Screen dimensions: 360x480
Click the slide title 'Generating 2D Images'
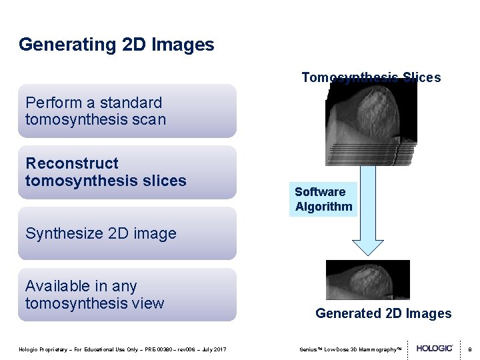pos(117,45)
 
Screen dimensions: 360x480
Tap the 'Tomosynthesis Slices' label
pos(371,77)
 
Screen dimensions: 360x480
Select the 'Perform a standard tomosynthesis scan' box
pos(127,111)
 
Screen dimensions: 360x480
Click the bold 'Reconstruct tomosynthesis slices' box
pos(127,172)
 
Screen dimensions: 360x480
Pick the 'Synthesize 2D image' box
pos(127,233)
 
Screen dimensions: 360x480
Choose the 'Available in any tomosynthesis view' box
pos(127,295)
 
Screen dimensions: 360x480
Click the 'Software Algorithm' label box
pos(324,199)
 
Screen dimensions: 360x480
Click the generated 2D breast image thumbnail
pos(367,280)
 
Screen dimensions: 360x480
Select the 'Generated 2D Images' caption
pos(383,313)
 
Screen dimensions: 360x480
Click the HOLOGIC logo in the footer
pos(435,349)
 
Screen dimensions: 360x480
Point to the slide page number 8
pos(469,349)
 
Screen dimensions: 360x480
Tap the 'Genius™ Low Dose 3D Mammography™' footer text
pos(350,349)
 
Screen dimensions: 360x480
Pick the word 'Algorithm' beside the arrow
pos(324,207)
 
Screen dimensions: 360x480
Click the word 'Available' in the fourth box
pos(57,286)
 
